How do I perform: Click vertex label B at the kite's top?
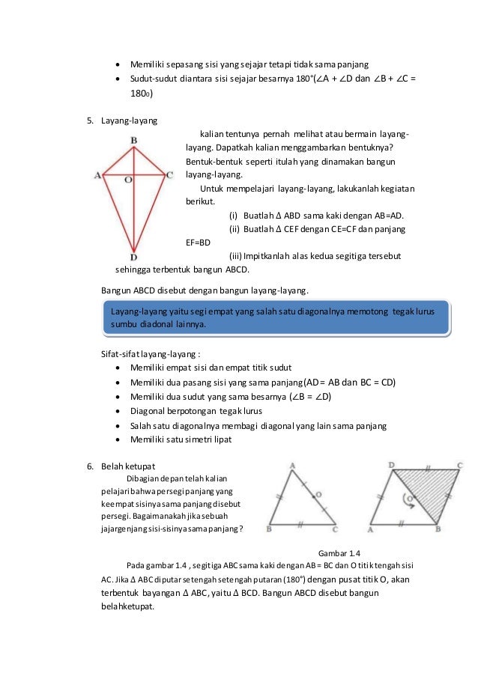pyautogui.click(x=133, y=139)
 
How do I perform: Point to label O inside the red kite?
pyautogui.click(x=127, y=180)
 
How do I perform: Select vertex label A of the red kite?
pyautogui.click(x=97, y=176)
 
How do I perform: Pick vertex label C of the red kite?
pyautogui.click(x=170, y=175)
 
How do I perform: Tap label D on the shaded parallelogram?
pyautogui.click(x=392, y=465)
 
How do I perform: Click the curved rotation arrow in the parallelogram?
pyautogui.click(x=408, y=501)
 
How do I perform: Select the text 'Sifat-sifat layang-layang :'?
pyautogui.click(x=150, y=354)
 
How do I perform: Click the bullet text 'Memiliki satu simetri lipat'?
pyautogui.click(x=181, y=439)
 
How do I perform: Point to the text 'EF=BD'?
pyautogui.click(x=198, y=243)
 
